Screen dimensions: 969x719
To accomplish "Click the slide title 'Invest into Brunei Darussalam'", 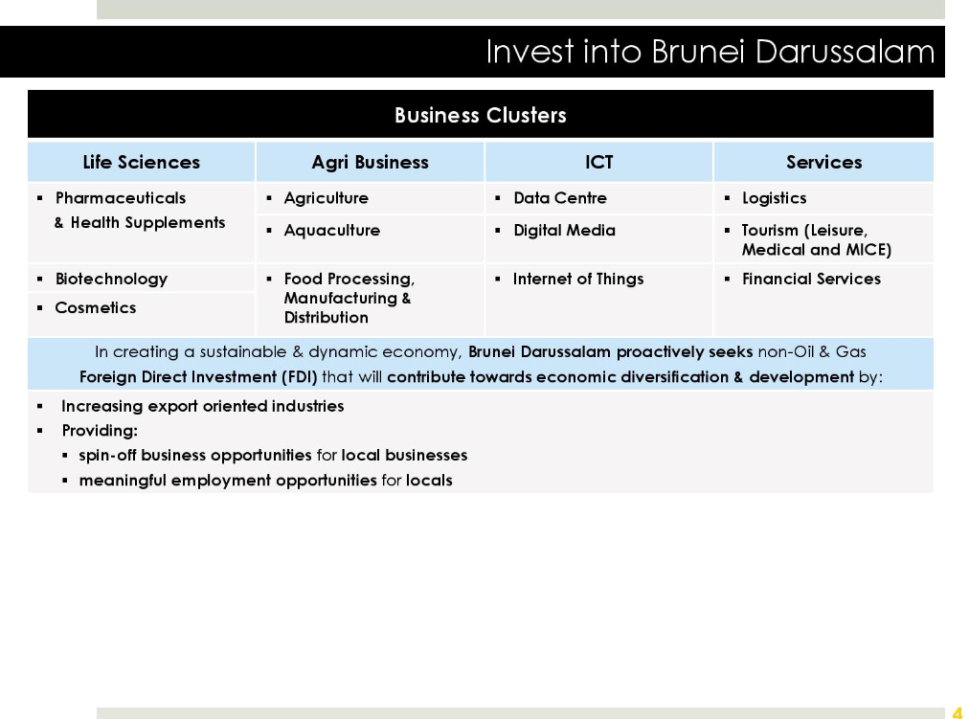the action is click(710, 52).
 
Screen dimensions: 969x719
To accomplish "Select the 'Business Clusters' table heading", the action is click(480, 115).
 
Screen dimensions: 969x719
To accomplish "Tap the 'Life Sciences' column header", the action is click(142, 162).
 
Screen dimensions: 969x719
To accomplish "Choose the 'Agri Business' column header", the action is click(370, 163).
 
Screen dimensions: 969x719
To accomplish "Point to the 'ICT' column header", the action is click(598, 162).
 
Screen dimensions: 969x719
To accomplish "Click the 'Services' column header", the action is click(823, 162).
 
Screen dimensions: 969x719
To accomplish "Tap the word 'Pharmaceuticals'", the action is click(121, 197).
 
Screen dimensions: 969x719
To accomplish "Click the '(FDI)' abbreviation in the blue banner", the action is click(299, 377).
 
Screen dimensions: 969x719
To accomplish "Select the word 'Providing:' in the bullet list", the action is click(100, 431).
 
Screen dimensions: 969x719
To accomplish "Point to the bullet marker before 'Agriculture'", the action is click(269, 198).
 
